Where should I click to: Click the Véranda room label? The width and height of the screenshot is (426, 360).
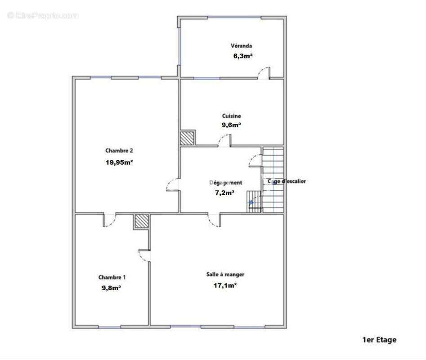coord(241,45)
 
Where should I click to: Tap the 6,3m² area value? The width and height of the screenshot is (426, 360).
coord(242,56)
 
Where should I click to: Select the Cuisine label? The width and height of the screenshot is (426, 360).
coord(231,116)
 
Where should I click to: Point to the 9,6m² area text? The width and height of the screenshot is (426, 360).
coord(231,125)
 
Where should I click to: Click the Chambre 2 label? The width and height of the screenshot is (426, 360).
coord(119,151)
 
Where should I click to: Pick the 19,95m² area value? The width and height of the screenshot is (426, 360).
coord(119,162)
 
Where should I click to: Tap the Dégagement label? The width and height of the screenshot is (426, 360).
coord(226,183)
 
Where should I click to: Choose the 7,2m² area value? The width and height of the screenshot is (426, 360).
coord(225,193)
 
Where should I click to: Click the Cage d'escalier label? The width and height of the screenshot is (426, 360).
coord(287,181)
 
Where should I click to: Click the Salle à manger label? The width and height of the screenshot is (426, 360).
coord(225,274)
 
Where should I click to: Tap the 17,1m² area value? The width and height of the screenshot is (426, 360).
coord(225,285)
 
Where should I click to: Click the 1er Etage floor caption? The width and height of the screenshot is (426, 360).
coord(379,340)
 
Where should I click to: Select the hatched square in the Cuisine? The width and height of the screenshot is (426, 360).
coord(188,138)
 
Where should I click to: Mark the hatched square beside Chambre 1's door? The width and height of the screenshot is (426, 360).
coord(141,222)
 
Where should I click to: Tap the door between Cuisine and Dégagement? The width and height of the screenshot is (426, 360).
coord(224,142)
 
